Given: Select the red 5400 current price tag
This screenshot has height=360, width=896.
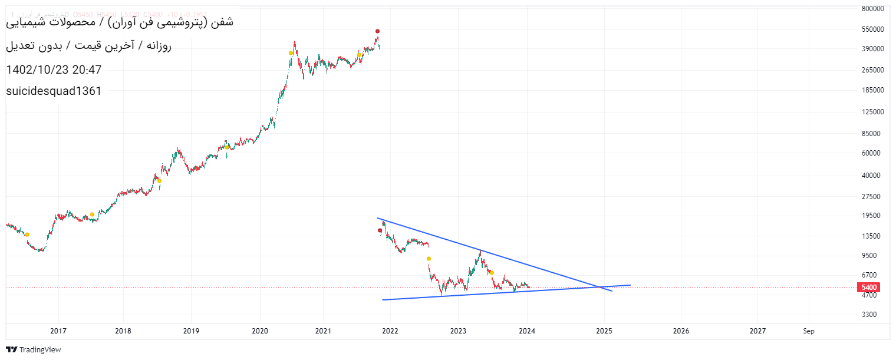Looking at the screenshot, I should (x=869, y=288).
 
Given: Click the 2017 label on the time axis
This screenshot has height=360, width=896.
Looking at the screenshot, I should (x=58, y=331).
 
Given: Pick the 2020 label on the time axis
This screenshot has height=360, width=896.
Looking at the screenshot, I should (x=260, y=331).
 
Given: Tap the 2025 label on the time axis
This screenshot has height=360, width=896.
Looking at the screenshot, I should (x=604, y=331).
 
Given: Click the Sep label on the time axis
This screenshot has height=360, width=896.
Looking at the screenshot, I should (x=809, y=331).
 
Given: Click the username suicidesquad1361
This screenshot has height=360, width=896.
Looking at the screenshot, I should (x=54, y=91).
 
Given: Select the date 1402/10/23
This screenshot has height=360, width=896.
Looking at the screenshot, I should (x=35, y=70).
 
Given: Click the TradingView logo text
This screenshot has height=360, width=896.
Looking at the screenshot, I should (x=40, y=350).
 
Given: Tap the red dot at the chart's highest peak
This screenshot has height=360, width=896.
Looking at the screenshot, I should (x=377, y=31).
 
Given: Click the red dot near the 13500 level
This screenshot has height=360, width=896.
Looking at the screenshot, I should (x=380, y=230).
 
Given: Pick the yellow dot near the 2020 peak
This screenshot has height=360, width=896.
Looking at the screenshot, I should (x=291, y=53).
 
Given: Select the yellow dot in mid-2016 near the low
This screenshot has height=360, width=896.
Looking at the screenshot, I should (x=27, y=235).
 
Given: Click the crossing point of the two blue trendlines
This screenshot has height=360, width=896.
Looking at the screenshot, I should (x=598, y=287).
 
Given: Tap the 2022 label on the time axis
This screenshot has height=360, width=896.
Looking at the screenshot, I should (x=390, y=331).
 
